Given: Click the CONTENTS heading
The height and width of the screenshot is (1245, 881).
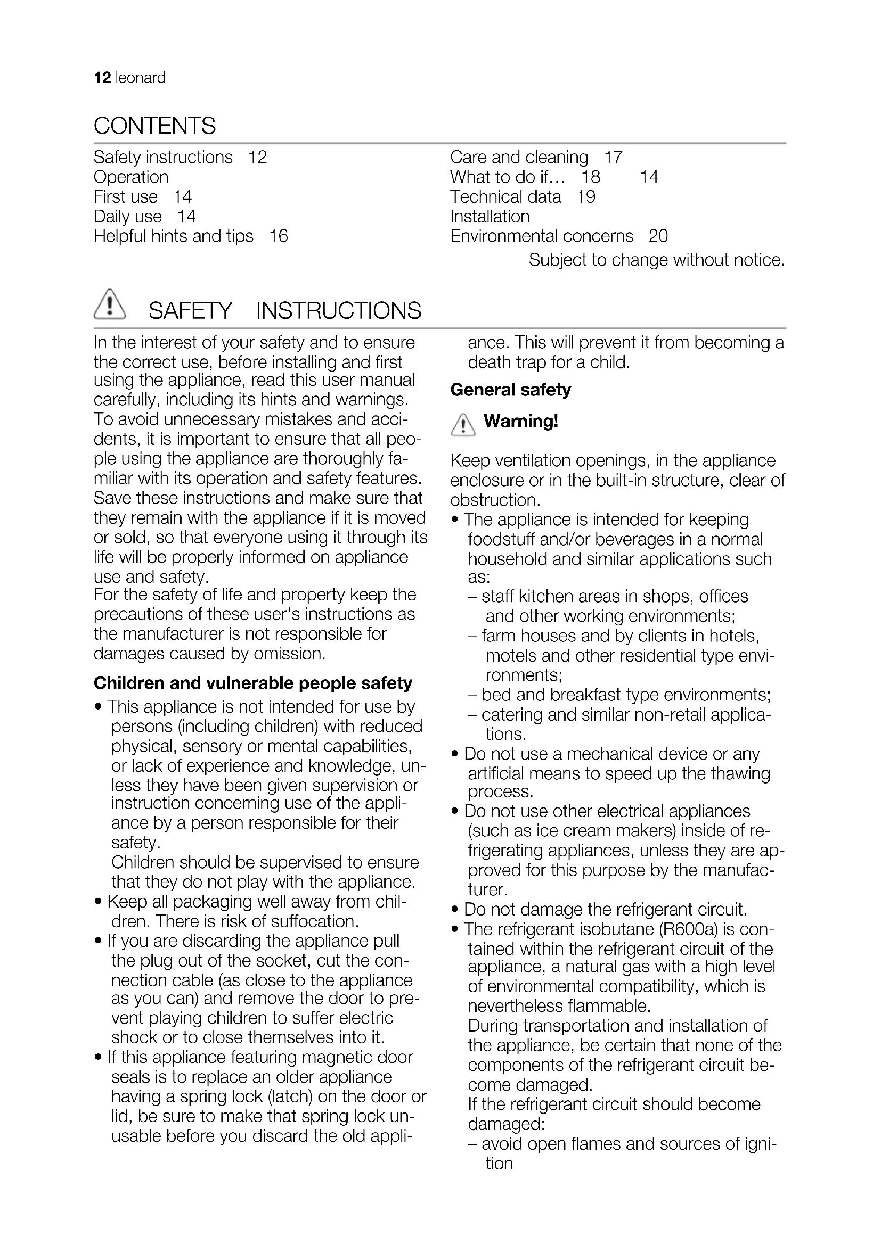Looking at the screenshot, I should tap(154, 126).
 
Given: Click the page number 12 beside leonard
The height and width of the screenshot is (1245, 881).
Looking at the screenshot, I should tap(102, 78).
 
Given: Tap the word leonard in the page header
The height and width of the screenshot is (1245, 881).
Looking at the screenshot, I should tap(141, 78).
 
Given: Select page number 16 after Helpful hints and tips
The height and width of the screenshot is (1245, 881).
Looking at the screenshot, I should tap(278, 236).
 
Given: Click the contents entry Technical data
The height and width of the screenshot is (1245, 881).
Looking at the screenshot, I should tap(505, 197).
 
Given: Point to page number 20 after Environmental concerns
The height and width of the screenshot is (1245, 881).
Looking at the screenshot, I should tap(658, 236).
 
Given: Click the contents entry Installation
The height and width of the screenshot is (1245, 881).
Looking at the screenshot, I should tap(490, 217).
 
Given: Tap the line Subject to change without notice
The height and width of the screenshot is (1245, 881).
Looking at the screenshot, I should tap(657, 260).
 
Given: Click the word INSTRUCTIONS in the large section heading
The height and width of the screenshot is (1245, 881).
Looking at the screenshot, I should tap(339, 311).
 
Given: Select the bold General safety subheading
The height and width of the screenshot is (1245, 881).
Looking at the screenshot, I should tap(510, 390).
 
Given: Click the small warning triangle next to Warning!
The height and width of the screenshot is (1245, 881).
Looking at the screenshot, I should tap(463, 425).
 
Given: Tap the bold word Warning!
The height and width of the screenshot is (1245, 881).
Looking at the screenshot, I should tap(521, 422).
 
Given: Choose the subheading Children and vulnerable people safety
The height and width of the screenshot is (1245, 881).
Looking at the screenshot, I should tap(253, 683).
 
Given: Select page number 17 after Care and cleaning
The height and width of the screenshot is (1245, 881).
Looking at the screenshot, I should tap(614, 157).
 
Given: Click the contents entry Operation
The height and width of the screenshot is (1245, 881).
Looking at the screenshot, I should tap(131, 177).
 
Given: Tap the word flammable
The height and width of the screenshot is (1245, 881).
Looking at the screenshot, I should tap(609, 1007).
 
